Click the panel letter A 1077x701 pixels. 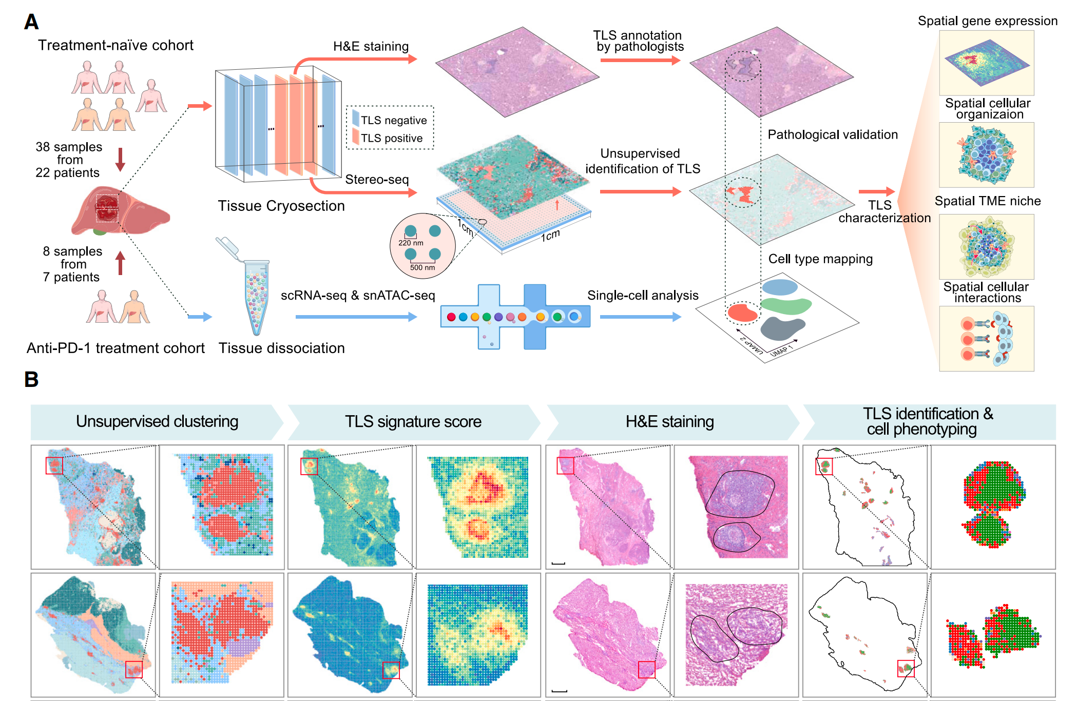[x=31, y=22]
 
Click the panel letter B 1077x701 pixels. [x=31, y=380]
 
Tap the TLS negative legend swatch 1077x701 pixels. [x=356, y=119]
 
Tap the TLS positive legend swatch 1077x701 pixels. [x=356, y=137]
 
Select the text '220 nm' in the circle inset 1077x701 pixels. [x=411, y=243]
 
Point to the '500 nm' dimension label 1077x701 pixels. [x=422, y=267]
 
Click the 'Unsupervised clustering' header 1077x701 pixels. [x=157, y=421]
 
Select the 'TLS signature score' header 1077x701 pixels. [x=413, y=421]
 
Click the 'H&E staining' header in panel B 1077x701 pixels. [x=669, y=421]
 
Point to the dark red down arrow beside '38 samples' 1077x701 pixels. [x=120, y=159]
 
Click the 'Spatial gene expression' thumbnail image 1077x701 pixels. [x=986, y=63]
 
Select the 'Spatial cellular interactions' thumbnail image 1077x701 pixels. [x=986, y=339]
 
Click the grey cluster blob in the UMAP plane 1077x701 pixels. [x=781, y=328]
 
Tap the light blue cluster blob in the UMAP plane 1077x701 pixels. [x=780, y=287]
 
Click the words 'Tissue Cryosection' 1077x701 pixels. [x=281, y=206]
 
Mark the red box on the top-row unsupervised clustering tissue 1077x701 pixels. [x=54, y=465]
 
